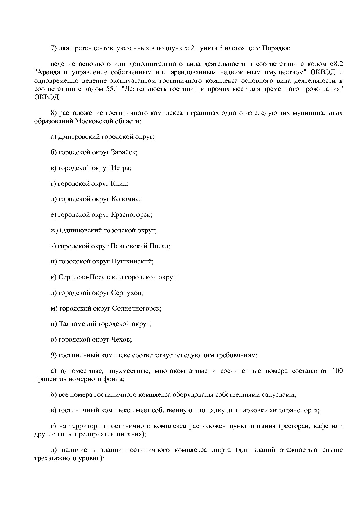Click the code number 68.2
coord(336,64)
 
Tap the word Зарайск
coord(124,152)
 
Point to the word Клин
coord(119,183)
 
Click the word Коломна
coord(125,199)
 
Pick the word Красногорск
coord(131,215)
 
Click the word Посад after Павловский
coord(159,246)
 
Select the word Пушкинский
coord(132,261)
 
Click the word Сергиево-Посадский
coord(91,277)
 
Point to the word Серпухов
coord(127,293)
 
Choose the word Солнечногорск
coord(136,308)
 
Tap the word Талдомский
coord(77,324)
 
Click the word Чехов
coord(121,340)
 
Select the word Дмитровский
coord(79,136)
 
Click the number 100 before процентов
coord(337,371)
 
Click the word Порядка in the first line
coord(276,48)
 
